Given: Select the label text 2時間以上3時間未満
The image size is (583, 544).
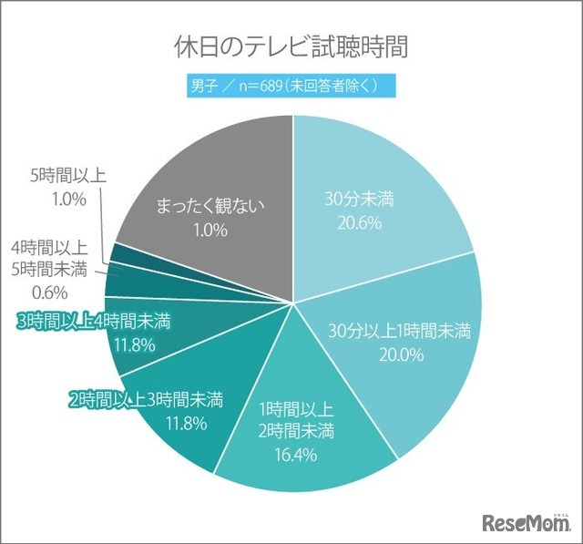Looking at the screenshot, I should tap(146, 398).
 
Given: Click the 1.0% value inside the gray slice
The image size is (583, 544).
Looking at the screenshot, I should tap(209, 231).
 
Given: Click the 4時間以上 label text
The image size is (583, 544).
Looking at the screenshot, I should tap(50, 247).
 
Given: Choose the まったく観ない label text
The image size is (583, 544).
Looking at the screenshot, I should tap(209, 205).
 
